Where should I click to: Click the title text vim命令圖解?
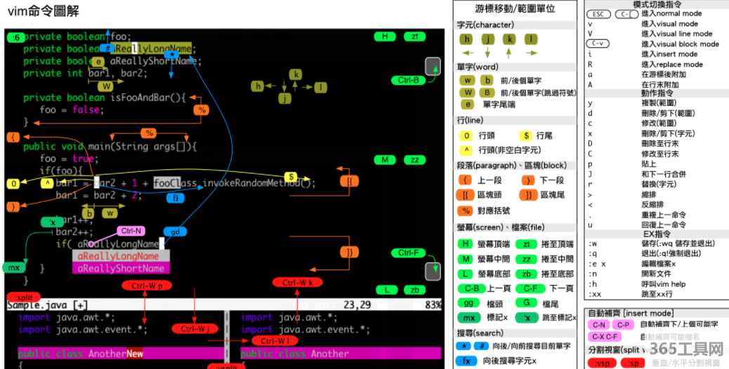(43, 11)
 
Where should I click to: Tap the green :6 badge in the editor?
(15, 37)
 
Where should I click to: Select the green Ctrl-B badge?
(408, 80)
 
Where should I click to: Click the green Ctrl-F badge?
(408, 253)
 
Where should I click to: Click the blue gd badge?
(175, 232)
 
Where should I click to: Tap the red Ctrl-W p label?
(146, 286)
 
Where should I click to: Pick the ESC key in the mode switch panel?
(598, 14)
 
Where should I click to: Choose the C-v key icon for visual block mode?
(598, 43)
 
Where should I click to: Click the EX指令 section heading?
(657, 234)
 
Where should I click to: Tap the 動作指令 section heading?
(657, 93)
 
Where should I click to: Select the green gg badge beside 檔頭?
(469, 302)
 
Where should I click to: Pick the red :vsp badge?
(601, 363)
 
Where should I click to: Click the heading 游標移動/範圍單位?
(515, 9)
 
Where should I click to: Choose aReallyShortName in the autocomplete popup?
(120, 268)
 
